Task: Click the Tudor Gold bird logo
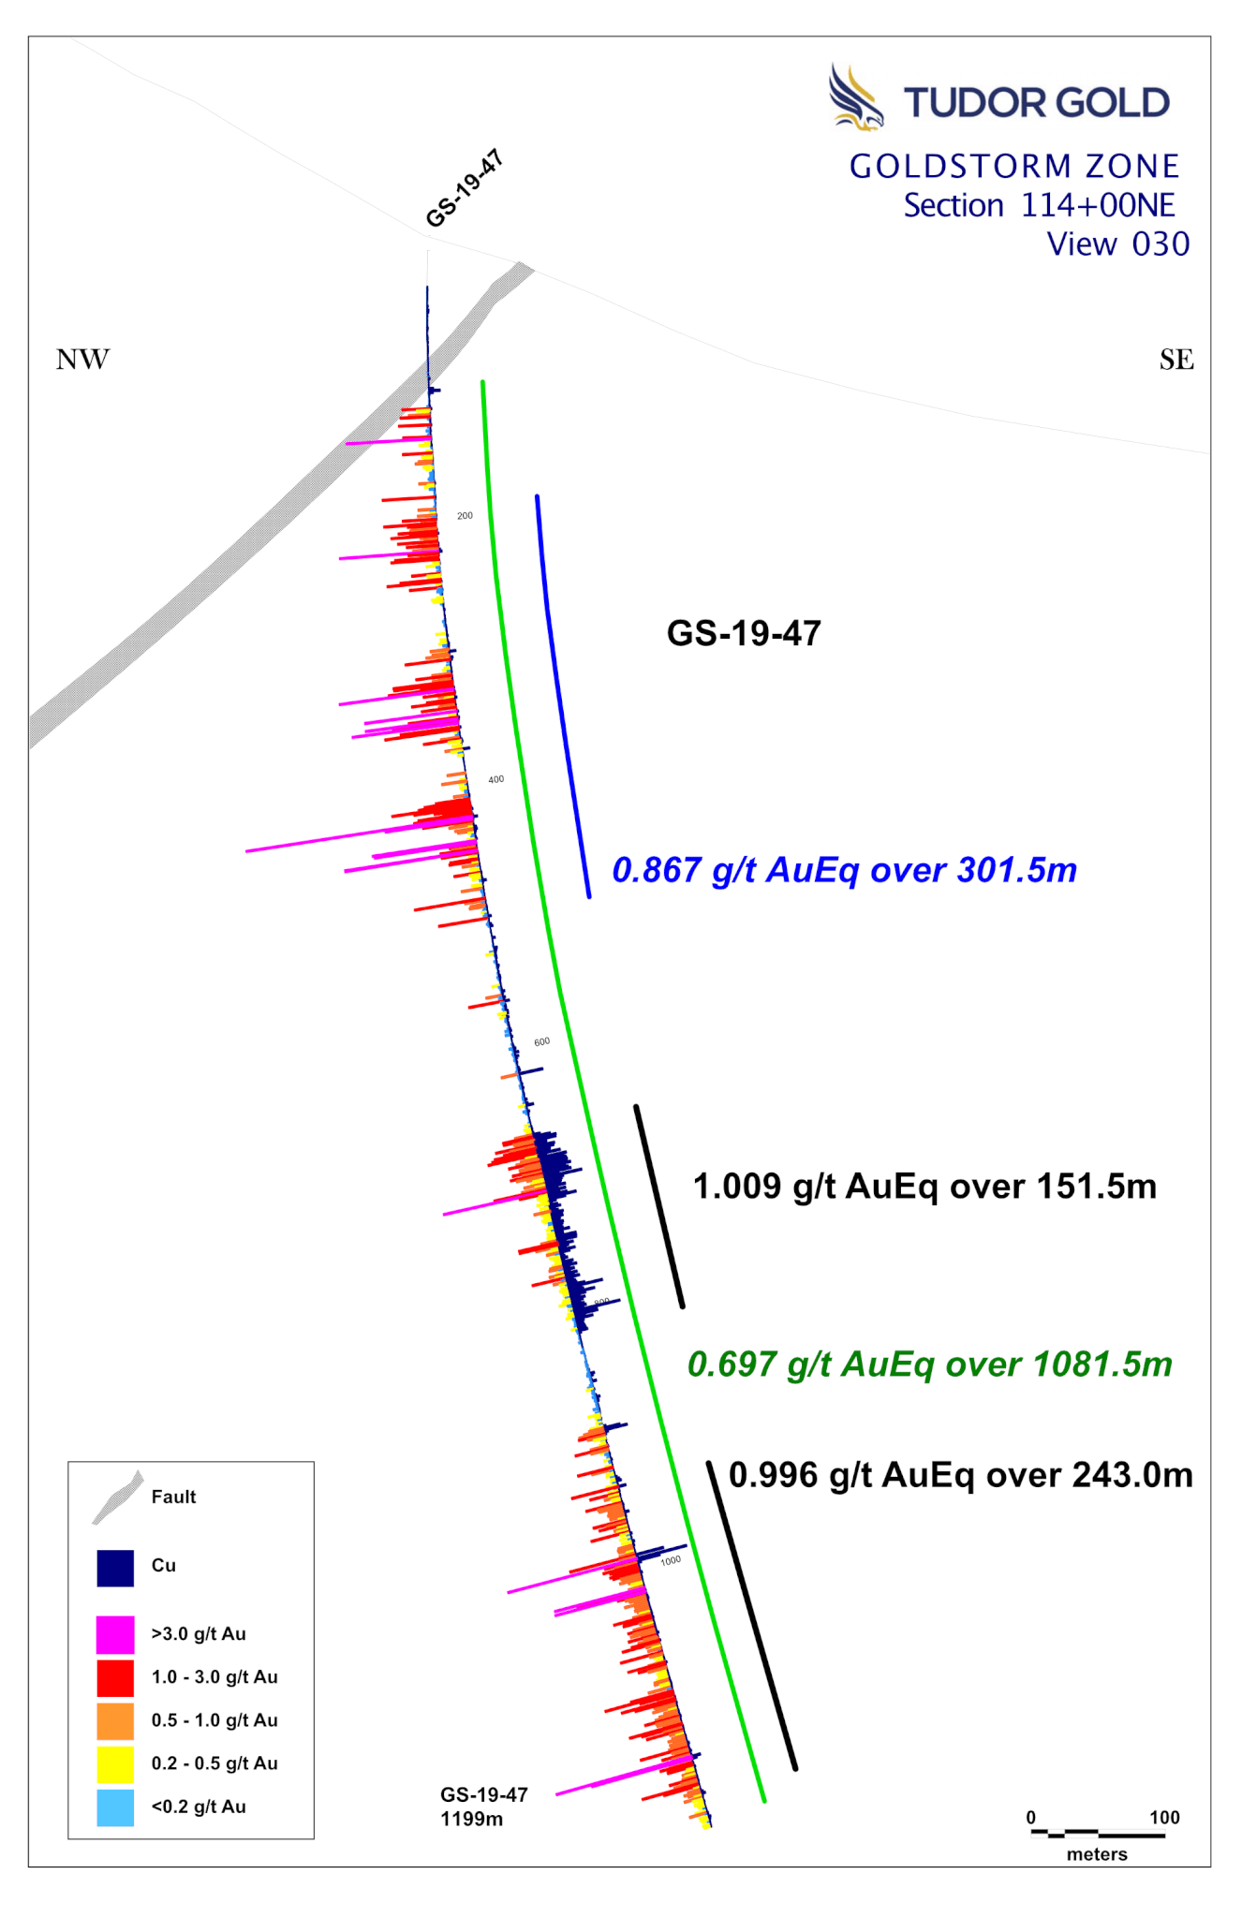point(854,96)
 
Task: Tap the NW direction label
point(82,360)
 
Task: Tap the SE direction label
point(1176,360)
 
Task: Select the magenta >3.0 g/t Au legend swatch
point(115,1634)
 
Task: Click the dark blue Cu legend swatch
point(115,1568)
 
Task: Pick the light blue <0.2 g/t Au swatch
point(115,1807)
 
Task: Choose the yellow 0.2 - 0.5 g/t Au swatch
point(115,1764)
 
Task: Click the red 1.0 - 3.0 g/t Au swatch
point(115,1677)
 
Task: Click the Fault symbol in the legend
point(118,1497)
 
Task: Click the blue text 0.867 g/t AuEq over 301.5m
point(844,870)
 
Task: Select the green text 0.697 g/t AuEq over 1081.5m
point(929,1365)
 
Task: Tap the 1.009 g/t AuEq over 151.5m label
point(924,1187)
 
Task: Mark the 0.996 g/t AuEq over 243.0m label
point(960,1475)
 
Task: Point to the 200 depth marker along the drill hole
point(465,516)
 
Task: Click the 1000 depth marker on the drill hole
point(671,1561)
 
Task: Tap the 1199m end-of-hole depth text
point(472,1819)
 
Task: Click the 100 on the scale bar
point(1164,1818)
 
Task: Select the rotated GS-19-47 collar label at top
point(465,188)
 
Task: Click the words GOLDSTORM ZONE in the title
point(1013,167)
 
